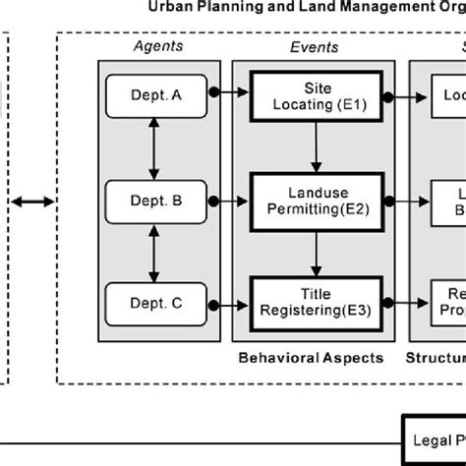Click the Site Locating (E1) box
314,95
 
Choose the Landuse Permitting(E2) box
314,201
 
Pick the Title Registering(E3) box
314,304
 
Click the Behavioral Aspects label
311,358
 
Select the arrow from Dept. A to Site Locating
228,95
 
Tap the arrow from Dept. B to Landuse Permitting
228,201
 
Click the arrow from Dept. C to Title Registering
228,304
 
